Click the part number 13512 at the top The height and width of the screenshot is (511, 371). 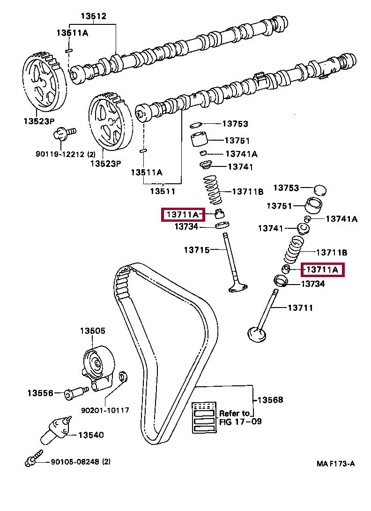[94, 16]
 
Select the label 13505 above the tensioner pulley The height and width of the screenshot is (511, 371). [93, 331]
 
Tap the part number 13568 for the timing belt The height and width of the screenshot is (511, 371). [270, 399]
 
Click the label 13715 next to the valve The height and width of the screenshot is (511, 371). [197, 250]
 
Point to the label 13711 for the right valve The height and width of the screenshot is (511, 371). [300, 308]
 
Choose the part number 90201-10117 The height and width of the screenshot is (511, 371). [105, 410]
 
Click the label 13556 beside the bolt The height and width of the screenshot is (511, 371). [40, 393]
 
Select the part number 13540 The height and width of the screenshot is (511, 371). [91, 435]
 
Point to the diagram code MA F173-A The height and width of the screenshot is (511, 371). [335, 464]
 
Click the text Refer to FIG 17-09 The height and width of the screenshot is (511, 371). [240, 417]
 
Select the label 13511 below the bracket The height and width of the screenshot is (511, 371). [163, 191]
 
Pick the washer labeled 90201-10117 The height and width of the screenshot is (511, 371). [123, 377]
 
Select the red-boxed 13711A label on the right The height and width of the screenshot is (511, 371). [322, 270]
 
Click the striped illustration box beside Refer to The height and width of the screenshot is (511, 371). [204, 417]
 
